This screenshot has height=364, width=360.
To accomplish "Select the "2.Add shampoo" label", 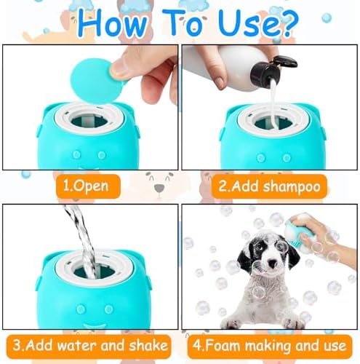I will click(x=270, y=186).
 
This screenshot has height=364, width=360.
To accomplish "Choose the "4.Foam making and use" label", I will click(x=268, y=344).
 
